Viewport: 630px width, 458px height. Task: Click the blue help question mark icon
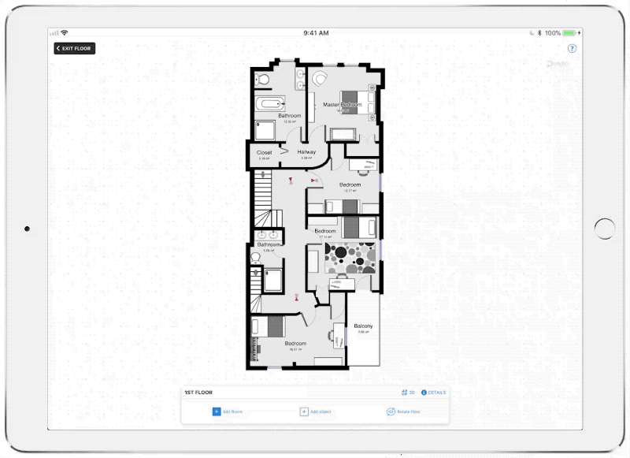pyautogui.click(x=572, y=49)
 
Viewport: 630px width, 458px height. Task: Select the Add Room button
pyautogui.click(x=228, y=411)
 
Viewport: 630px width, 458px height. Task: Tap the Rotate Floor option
pyautogui.click(x=403, y=411)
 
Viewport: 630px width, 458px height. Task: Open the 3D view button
pyautogui.click(x=408, y=393)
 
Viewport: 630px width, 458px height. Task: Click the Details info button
pyautogui.click(x=434, y=393)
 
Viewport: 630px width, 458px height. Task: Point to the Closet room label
pyautogui.click(x=265, y=152)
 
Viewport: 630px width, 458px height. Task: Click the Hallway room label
pyautogui.click(x=306, y=152)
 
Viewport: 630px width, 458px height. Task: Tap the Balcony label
pyautogui.click(x=363, y=326)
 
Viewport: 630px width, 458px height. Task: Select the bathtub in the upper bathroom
pyautogui.click(x=272, y=103)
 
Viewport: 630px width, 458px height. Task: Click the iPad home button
pyautogui.click(x=605, y=229)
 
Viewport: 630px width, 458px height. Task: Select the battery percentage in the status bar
pyautogui.click(x=553, y=33)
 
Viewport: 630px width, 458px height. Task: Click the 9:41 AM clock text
pyautogui.click(x=315, y=33)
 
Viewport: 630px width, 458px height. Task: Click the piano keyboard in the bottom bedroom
pyautogui.click(x=254, y=348)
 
